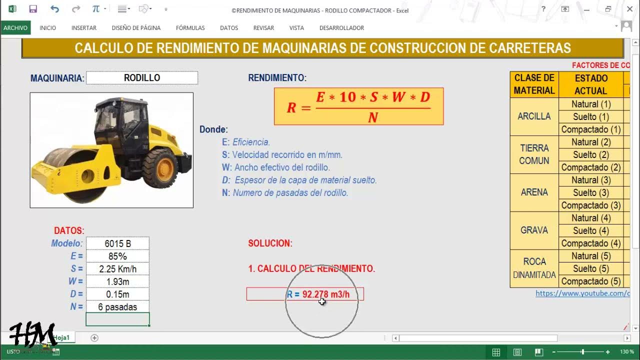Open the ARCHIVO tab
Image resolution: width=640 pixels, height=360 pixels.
click(x=15, y=28)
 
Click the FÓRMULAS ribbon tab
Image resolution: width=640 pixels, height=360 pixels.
click(x=190, y=28)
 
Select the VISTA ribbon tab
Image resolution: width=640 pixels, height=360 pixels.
click(x=296, y=28)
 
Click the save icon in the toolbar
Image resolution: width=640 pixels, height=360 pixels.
click(x=33, y=9)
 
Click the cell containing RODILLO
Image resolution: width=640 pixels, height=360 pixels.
click(x=142, y=78)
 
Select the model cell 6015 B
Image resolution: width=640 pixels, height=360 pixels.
click(x=118, y=244)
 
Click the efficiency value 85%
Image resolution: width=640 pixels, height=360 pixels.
click(x=118, y=256)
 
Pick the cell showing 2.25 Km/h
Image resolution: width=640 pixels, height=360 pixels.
click(x=118, y=269)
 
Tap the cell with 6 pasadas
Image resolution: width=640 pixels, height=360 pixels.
click(x=118, y=307)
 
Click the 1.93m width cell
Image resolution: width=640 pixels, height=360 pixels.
click(x=118, y=281)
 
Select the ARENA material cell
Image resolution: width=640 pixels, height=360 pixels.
click(x=534, y=192)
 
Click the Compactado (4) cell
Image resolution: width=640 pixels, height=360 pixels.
click(x=591, y=243)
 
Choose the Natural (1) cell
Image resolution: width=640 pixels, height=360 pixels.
click(x=591, y=104)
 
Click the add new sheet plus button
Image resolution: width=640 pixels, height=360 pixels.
click(x=94, y=338)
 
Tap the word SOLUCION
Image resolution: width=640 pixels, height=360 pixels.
click(x=270, y=243)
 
